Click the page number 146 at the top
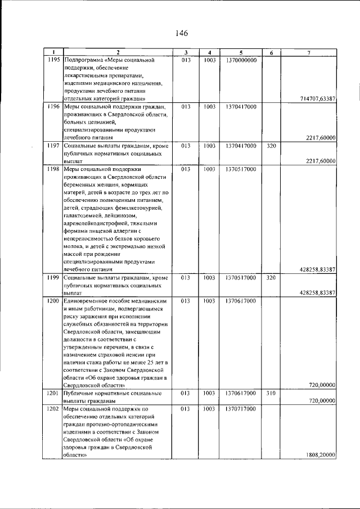pyautogui.click(x=181, y=33)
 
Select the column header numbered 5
pyautogui.click(x=240, y=53)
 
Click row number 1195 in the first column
pyautogui.click(x=54, y=60)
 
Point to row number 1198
pyautogui.click(x=54, y=169)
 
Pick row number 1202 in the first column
pyautogui.click(x=54, y=409)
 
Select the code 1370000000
pyautogui.click(x=241, y=60)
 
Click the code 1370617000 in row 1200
pyautogui.click(x=241, y=301)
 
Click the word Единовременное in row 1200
pyautogui.click(x=88, y=301)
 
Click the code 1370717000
pyautogui.click(x=241, y=409)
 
